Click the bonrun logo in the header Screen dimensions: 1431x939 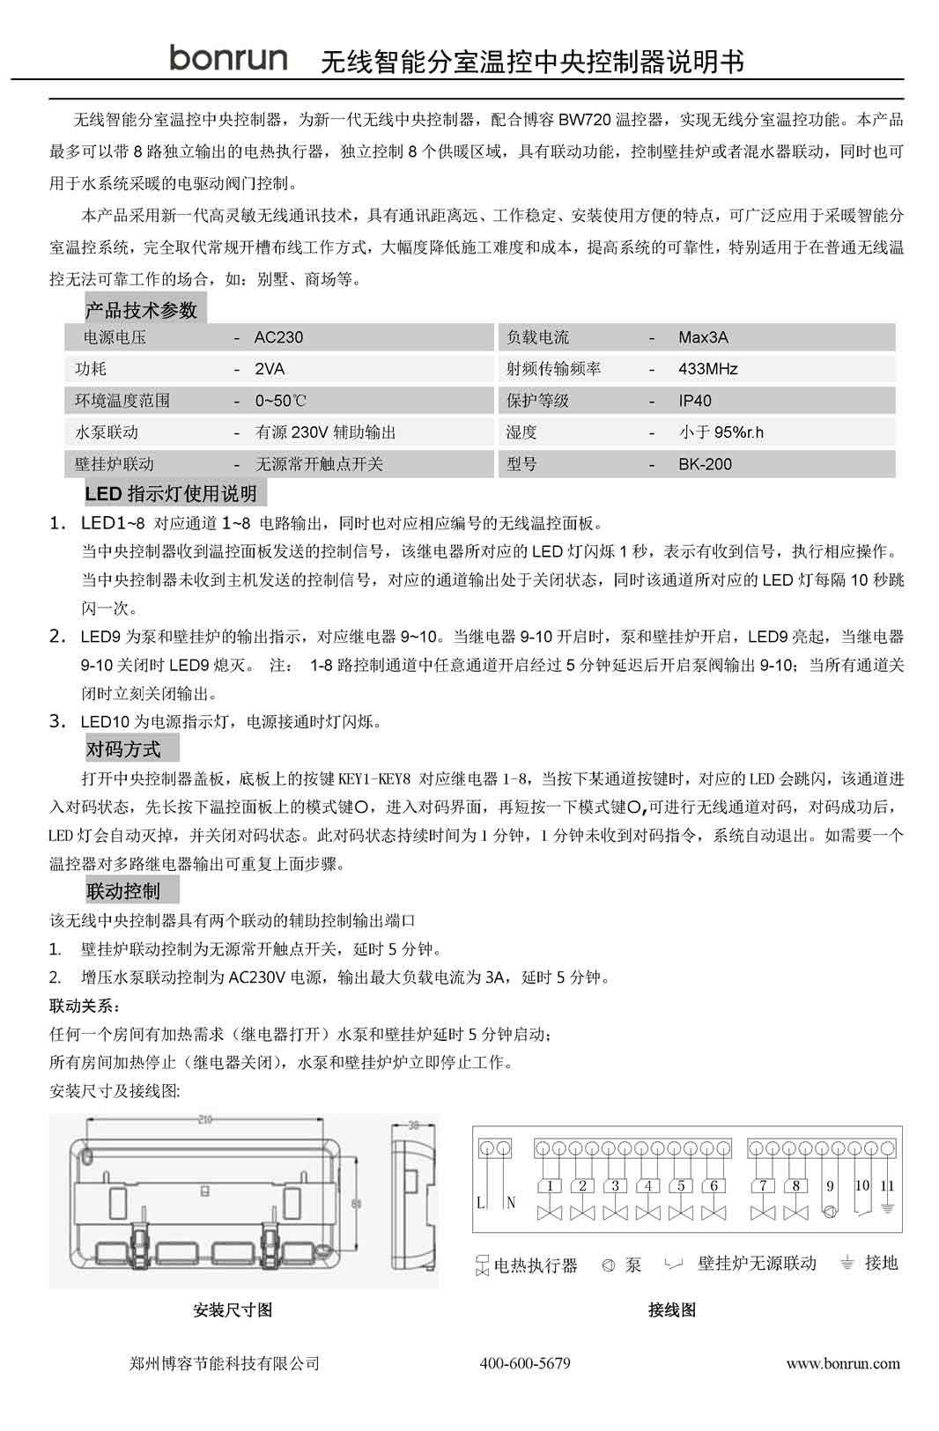228,58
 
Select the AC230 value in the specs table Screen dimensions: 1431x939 278,337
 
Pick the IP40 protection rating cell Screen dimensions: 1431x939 695,401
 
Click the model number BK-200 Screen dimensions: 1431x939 705,464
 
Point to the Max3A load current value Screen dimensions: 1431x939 703,337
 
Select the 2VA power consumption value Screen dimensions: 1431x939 270,369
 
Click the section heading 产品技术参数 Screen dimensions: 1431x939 141,310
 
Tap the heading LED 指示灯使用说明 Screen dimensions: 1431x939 171,493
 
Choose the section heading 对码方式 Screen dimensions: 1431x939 123,749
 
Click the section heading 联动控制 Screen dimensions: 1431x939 123,891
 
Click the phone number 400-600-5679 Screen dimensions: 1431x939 525,1363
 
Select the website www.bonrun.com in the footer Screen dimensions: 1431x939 843,1363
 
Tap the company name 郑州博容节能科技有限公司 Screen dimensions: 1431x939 224,1363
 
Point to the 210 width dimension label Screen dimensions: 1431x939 205,1120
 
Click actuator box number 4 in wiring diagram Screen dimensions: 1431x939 647,1186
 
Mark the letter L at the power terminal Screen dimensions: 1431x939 481,1202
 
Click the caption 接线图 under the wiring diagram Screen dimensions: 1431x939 672,1310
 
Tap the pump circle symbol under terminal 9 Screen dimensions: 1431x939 829,1210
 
